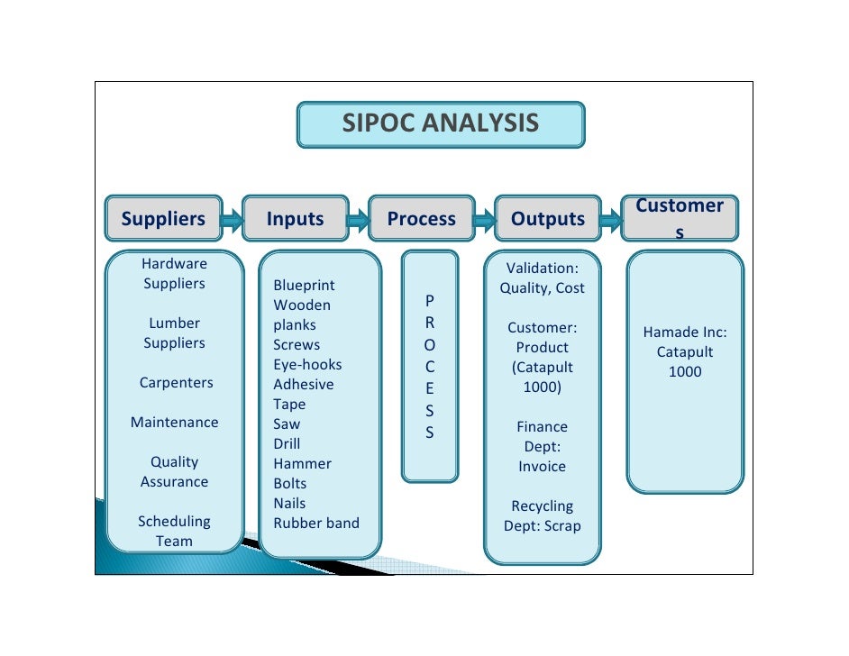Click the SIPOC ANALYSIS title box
(441, 124)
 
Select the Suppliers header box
(163, 219)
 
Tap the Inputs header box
(295, 219)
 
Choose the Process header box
(421, 219)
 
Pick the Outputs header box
(548, 219)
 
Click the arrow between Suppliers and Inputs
(233, 219)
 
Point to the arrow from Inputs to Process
(359, 219)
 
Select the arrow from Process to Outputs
(485, 219)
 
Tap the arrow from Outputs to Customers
(611, 219)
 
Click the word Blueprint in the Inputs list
(304, 286)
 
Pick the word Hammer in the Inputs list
(302, 464)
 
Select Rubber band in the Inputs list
(316, 524)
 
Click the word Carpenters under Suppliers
(176, 383)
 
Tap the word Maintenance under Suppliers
(175, 423)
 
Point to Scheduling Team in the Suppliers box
(174, 532)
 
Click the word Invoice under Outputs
(542, 467)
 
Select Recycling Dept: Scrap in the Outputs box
(542, 516)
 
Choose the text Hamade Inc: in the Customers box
(685, 333)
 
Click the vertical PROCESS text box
(429, 366)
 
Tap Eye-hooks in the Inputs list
(307, 365)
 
